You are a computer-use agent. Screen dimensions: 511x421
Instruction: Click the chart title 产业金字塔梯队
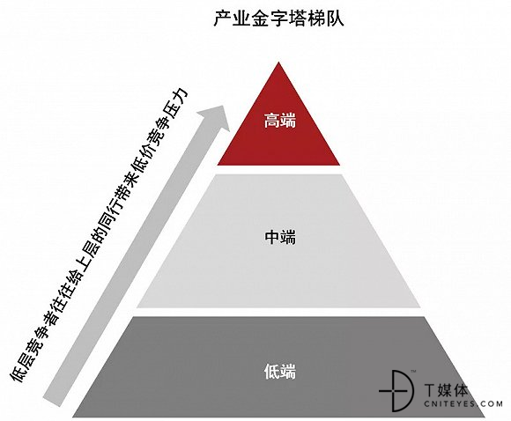tap(278, 19)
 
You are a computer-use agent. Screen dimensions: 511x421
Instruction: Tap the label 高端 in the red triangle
tap(280, 121)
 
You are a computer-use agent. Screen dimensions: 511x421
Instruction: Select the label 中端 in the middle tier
tap(280, 237)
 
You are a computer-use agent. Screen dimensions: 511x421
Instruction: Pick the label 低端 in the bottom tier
tap(280, 372)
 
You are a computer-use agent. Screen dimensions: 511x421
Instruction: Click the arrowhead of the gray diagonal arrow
tap(216, 117)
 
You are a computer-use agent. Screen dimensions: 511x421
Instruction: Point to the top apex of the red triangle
tap(278, 63)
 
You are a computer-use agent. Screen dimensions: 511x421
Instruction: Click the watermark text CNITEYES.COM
tap(463, 403)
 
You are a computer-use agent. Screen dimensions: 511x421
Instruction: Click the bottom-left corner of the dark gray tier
tap(73, 417)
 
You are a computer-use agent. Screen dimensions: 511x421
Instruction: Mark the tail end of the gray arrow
tap(52, 402)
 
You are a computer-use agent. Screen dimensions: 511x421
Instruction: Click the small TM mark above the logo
tap(413, 371)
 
